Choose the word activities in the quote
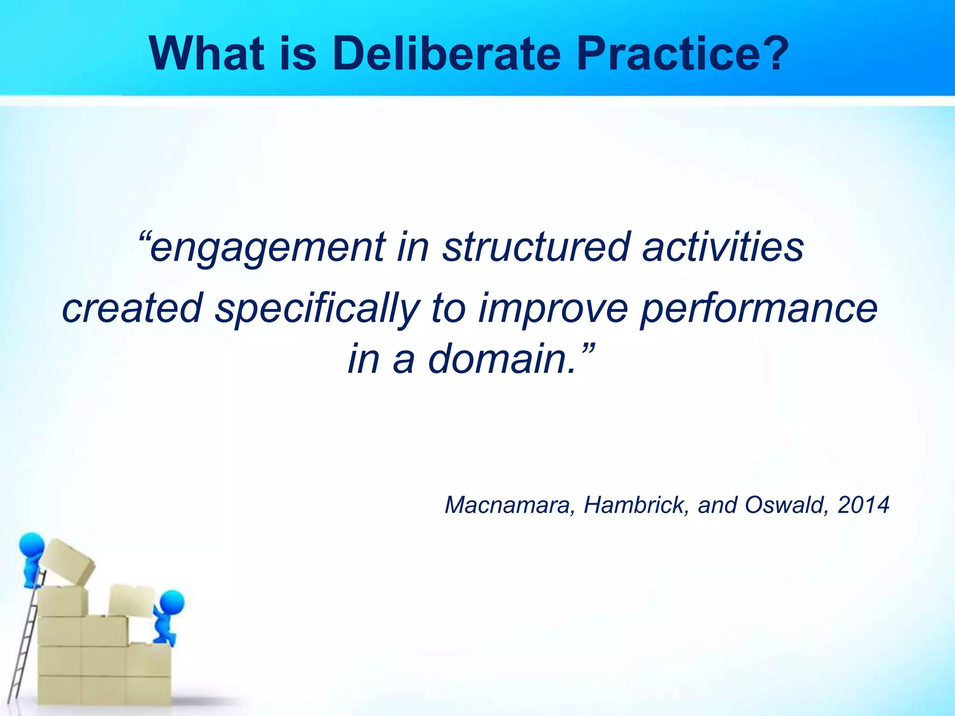tap(723, 247)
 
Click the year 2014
tap(863, 505)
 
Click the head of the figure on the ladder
tap(32, 544)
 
